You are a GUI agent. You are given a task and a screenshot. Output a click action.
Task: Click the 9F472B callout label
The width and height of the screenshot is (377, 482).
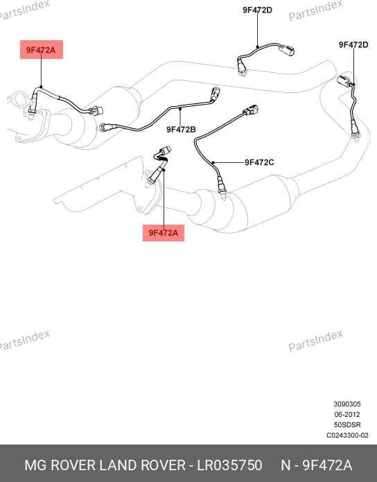click(x=181, y=130)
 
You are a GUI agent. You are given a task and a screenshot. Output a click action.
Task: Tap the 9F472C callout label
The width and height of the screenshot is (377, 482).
click(x=259, y=162)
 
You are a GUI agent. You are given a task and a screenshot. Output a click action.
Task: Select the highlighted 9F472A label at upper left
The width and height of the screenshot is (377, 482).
click(x=41, y=50)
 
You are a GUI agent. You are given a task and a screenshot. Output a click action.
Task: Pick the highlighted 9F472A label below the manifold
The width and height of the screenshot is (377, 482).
click(x=164, y=233)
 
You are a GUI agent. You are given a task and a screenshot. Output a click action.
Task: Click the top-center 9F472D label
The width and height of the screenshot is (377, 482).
click(x=258, y=10)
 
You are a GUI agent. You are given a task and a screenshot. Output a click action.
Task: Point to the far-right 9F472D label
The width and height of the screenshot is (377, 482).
click(x=353, y=45)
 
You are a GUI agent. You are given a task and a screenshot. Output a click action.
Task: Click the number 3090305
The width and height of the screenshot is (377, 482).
click(x=347, y=404)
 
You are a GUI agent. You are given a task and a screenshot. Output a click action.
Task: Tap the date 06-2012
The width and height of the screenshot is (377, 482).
click(x=347, y=414)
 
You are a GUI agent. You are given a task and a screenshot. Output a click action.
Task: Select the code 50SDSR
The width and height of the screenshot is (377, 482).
click(x=347, y=425)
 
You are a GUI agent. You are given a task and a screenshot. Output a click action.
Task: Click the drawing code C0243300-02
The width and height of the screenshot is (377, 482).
click(x=347, y=436)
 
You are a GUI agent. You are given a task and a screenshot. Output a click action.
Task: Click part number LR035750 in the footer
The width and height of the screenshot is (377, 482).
click(x=229, y=465)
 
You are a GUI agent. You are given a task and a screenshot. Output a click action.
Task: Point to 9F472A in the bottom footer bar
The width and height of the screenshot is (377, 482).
click(x=327, y=465)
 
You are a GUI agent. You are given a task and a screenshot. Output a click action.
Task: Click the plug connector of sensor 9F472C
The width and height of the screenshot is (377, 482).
click(x=251, y=110)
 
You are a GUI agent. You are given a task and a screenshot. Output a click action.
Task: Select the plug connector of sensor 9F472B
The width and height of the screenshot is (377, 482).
click(x=215, y=94)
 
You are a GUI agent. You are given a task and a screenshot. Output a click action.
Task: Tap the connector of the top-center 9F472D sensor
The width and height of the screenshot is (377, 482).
click(x=287, y=50)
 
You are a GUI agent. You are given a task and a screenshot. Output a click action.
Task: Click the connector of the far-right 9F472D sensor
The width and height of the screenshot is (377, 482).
click(x=344, y=81)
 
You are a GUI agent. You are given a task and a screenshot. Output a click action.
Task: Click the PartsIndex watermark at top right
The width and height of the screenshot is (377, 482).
click(x=315, y=10)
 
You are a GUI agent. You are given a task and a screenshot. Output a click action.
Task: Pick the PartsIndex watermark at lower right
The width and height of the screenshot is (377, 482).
click(x=315, y=341)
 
